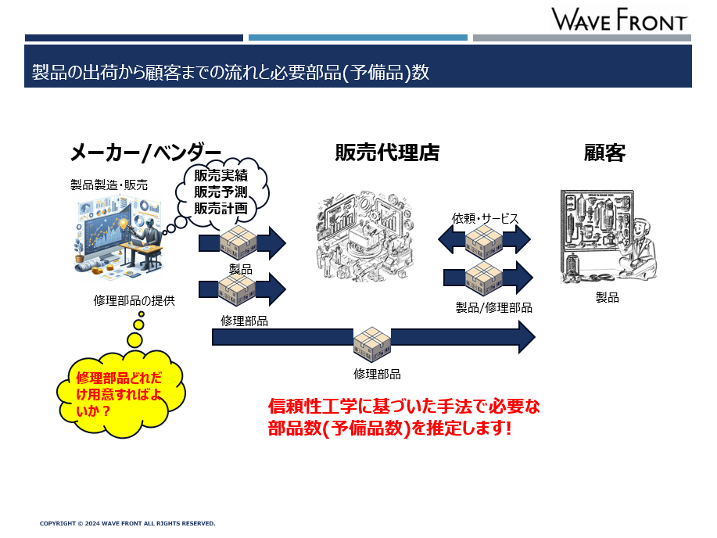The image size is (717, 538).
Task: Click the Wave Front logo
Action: pyautogui.click(x=619, y=20)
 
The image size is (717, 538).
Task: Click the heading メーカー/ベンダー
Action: pyautogui.click(x=145, y=152)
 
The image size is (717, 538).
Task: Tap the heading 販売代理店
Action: pyautogui.click(x=387, y=152)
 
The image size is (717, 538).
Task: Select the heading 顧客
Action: pyautogui.click(x=604, y=152)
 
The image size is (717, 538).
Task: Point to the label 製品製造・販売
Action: pyautogui.click(x=109, y=185)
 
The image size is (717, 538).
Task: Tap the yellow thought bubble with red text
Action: pyautogui.click(x=121, y=393)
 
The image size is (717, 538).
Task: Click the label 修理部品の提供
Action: pyautogui.click(x=134, y=300)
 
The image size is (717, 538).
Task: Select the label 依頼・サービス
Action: pyautogui.click(x=485, y=218)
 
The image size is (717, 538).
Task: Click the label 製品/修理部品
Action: pyautogui.click(x=494, y=307)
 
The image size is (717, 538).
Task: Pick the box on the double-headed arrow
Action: pyautogui.click(x=484, y=242)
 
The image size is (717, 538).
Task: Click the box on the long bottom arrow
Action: pyautogui.click(x=372, y=343)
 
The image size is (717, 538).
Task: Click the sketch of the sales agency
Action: pyautogui.click(x=364, y=235)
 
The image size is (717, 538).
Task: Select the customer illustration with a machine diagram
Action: pyautogui.click(x=608, y=236)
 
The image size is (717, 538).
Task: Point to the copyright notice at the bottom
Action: pyautogui.click(x=127, y=523)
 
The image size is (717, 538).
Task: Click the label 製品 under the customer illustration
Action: pyautogui.click(x=608, y=298)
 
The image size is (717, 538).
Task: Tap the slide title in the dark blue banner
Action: pyautogui.click(x=231, y=72)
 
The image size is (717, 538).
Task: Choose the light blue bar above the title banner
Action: pyautogui.click(x=358, y=38)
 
